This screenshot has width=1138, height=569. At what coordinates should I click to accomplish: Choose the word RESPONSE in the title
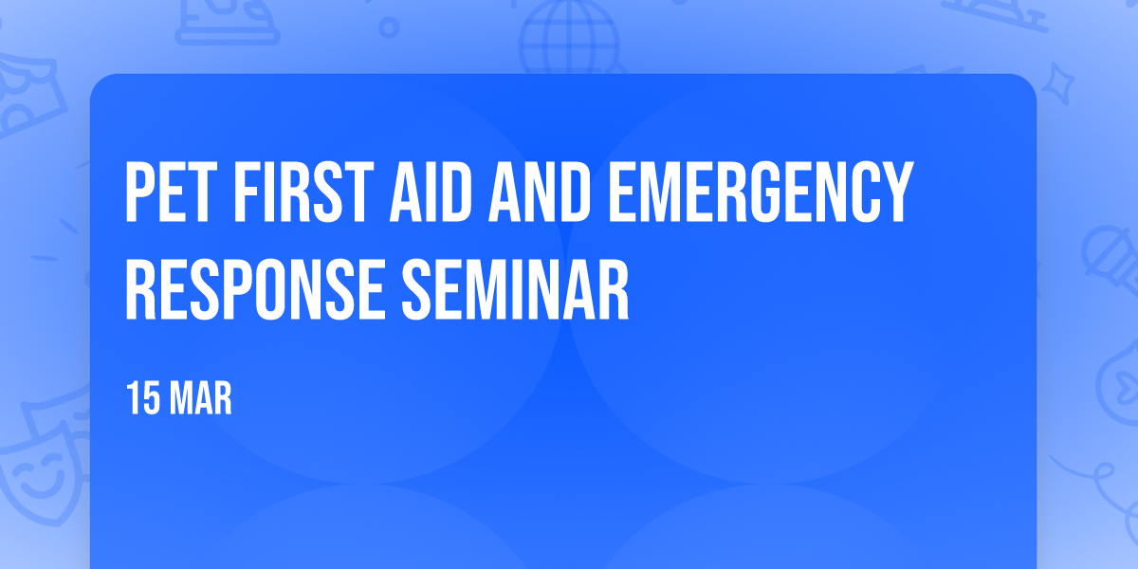[x=255, y=289]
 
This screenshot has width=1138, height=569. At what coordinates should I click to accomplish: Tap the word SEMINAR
[x=516, y=289]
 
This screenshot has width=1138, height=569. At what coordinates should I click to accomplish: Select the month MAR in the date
[x=201, y=398]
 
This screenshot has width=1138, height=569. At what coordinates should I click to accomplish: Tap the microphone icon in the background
[x=1110, y=259]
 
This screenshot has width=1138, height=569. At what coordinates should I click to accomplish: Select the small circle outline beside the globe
[x=389, y=28]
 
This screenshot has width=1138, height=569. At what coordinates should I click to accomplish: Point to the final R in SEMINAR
[x=614, y=289]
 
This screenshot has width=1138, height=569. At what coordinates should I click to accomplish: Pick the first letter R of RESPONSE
[x=140, y=289]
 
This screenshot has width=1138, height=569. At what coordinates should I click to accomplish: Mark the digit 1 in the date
[x=132, y=398]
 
